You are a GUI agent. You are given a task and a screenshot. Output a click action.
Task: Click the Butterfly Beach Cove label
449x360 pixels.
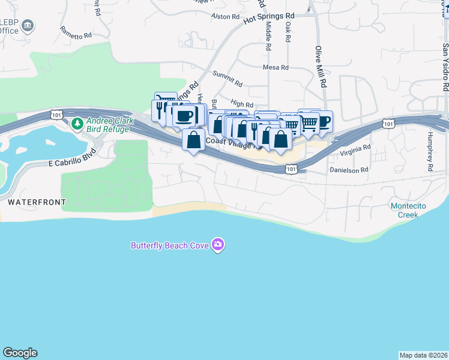pyautogui.click(x=170, y=245)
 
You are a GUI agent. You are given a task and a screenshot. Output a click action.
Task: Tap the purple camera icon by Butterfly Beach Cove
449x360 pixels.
pyautogui.click(x=217, y=245)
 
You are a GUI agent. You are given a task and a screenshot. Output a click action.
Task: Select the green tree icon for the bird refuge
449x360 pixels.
pyautogui.click(x=77, y=124)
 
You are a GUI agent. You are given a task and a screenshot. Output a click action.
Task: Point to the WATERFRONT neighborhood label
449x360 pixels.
pyautogui.click(x=32, y=203)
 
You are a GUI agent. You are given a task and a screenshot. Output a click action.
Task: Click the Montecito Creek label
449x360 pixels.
pyautogui.click(x=409, y=210)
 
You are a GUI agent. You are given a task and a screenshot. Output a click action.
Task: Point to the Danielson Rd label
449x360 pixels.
pyautogui.click(x=348, y=170)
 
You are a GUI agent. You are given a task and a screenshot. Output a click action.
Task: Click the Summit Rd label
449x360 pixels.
pyautogui.click(x=228, y=79)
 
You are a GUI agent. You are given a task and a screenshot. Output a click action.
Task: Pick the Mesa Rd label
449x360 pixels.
pyautogui.click(x=276, y=67)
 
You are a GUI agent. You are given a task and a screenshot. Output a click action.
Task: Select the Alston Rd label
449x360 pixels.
pyautogui.click(x=225, y=16)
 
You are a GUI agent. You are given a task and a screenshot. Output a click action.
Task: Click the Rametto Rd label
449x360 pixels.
pyautogui.click(x=76, y=32)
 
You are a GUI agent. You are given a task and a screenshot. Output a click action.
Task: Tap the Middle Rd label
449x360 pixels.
pyautogui.click(x=268, y=35)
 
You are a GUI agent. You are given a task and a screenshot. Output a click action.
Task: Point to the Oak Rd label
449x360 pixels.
pyautogui.click(x=288, y=32)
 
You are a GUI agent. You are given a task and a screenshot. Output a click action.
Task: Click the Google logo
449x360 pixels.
pyautogui.click(x=20, y=353)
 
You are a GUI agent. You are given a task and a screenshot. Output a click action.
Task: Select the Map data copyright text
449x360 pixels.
pyautogui.click(x=423, y=355)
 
